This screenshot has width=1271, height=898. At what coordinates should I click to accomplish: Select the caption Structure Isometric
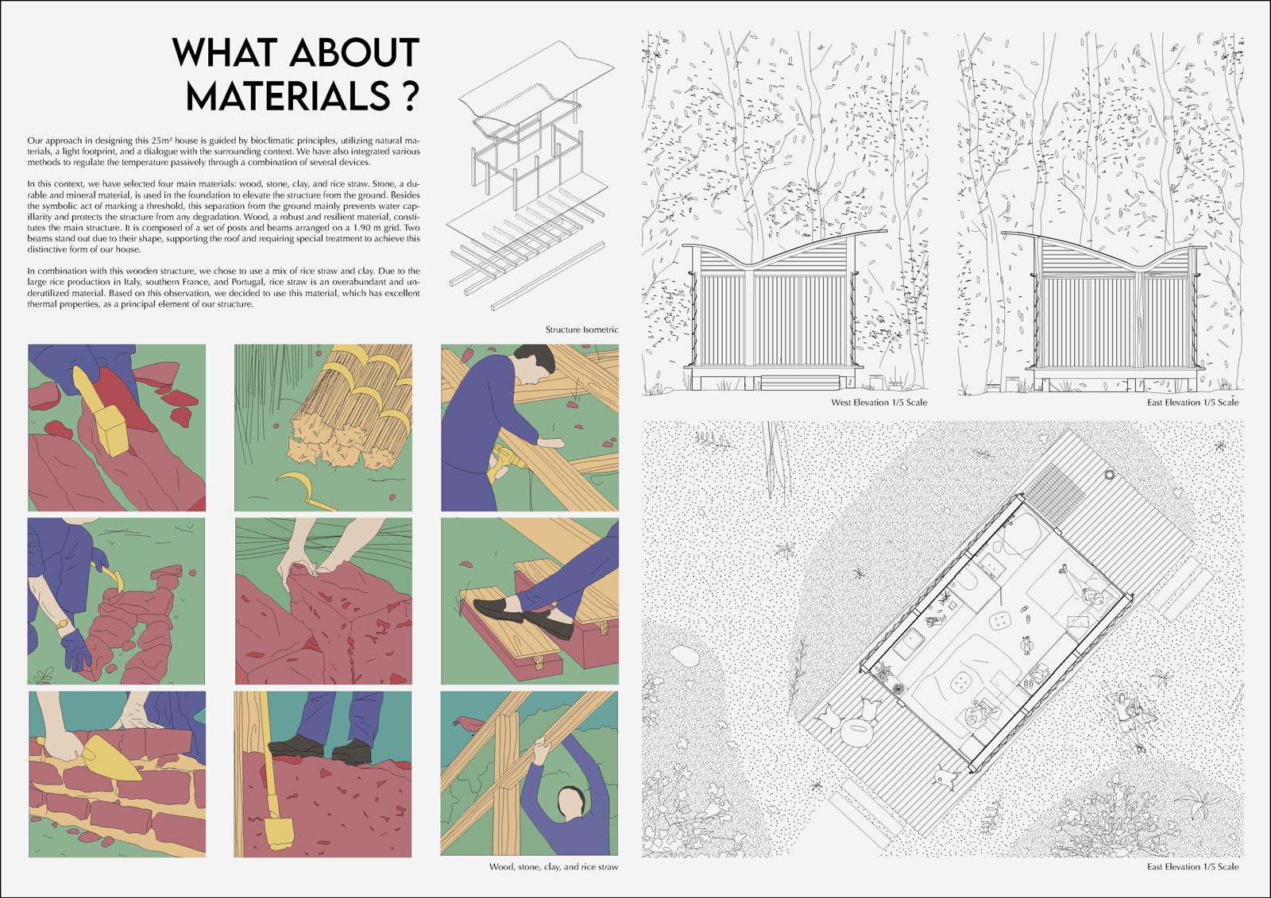click(581, 330)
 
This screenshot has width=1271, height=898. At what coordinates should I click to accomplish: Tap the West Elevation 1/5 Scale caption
click(879, 403)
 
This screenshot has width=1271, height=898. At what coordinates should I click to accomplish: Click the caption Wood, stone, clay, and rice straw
click(553, 867)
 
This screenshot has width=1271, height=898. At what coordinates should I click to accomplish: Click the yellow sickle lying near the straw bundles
click(303, 486)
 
